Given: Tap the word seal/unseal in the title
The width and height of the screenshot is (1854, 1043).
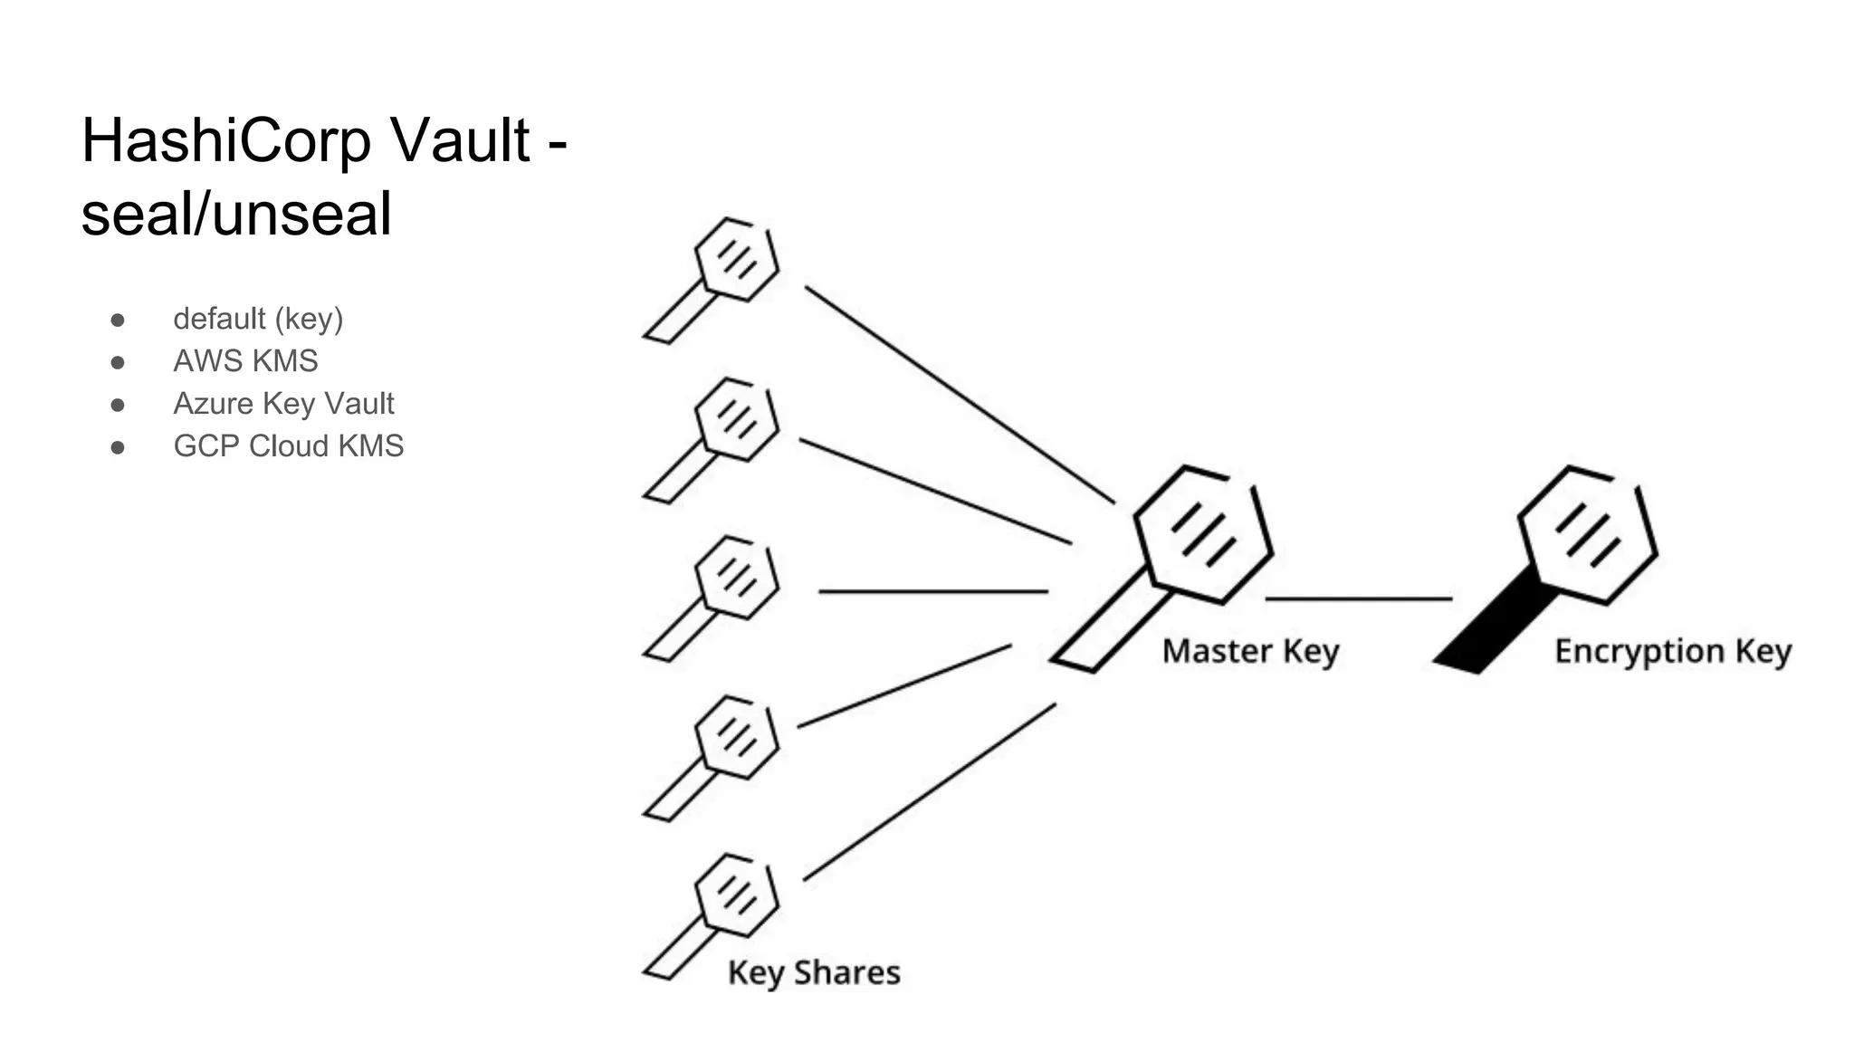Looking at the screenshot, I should click(x=236, y=215).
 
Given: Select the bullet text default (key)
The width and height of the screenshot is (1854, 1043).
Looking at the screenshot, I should click(x=258, y=319).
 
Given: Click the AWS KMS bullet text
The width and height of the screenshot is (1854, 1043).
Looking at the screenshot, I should click(x=245, y=361).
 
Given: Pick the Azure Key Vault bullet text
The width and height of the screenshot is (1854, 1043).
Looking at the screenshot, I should click(x=283, y=404).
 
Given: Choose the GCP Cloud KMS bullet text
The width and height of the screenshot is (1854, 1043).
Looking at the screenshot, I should click(x=288, y=446).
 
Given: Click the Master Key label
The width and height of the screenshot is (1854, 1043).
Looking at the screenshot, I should click(x=1250, y=652).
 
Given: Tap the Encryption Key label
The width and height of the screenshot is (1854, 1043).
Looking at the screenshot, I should click(x=1673, y=652).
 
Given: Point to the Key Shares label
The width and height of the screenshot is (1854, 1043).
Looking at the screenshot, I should click(x=814, y=973).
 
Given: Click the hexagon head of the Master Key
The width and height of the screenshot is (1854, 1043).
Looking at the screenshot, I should click(x=1203, y=535).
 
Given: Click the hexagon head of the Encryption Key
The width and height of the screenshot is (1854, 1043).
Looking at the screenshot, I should click(x=1587, y=535).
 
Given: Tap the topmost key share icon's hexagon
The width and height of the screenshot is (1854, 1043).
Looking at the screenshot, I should click(x=737, y=260).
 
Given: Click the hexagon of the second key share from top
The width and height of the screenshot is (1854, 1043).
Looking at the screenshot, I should click(x=737, y=419).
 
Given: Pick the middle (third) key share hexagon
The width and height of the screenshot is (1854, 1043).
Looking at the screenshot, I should click(x=737, y=578).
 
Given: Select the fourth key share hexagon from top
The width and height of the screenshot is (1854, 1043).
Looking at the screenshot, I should click(x=737, y=737).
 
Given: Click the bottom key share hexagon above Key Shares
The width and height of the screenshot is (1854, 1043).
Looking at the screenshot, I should click(x=737, y=895).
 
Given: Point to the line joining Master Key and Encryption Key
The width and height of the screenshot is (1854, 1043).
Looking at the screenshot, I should click(x=1358, y=598).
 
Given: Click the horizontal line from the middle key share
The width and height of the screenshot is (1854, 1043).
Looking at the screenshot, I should click(x=932, y=591).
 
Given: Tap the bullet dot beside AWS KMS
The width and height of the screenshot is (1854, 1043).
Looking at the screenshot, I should click(x=118, y=362).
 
